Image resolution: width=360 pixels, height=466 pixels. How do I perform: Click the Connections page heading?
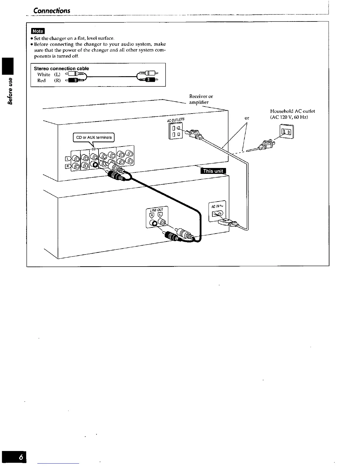[52, 11]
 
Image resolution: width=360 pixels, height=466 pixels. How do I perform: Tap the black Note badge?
[37, 31]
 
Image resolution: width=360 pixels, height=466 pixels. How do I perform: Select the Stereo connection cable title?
[61, 69]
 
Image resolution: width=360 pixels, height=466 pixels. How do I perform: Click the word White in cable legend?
[44, 75]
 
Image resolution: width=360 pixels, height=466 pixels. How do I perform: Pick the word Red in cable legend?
[41, 81]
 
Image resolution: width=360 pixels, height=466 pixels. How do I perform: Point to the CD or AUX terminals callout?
[94, 137]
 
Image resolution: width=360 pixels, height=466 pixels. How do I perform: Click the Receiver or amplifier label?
[201, 99]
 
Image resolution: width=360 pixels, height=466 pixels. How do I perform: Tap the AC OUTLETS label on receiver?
[176, 120]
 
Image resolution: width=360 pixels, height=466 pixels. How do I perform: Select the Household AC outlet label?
[292, 111]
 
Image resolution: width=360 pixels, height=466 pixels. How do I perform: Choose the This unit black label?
[213, 171]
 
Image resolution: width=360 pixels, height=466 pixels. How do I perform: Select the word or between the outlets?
[247, 118]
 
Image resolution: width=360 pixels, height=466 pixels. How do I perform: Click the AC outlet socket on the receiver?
[176, 132]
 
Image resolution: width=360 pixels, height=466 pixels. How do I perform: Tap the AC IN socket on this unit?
[218, 216]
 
